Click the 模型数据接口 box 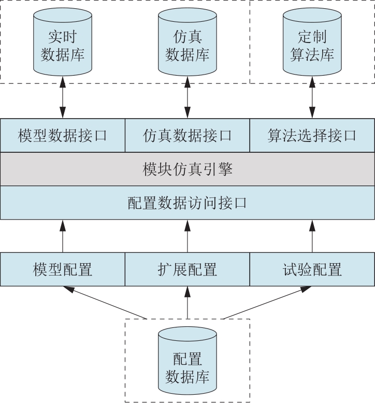63,136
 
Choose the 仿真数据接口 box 187,136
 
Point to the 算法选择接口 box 312,136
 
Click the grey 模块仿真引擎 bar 187,169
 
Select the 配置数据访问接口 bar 187,203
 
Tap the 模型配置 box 63,269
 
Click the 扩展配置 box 187,269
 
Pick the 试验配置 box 312,269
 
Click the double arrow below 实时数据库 63,97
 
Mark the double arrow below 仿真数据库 187,97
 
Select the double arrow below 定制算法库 312,97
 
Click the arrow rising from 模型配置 63,236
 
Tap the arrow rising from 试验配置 312,236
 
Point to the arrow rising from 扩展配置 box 187,236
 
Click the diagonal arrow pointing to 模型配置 106,303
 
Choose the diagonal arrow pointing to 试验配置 267,303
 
